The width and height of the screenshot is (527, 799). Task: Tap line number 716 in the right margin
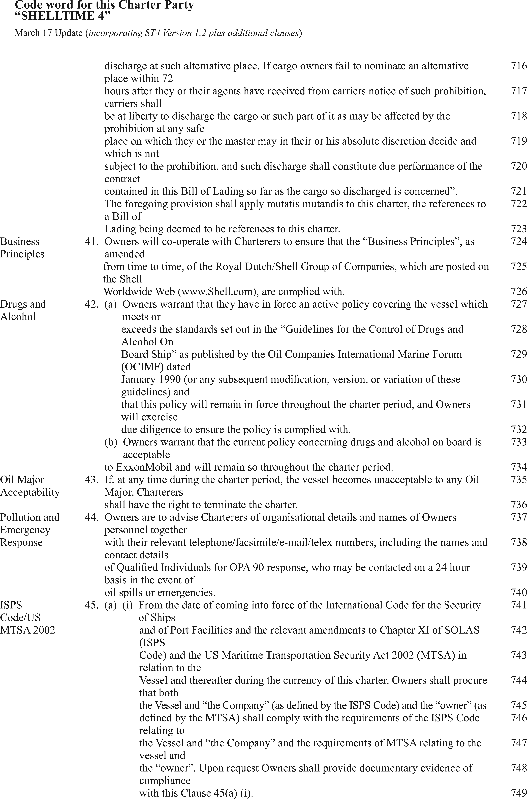tap(519, 66)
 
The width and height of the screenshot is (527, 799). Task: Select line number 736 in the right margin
tap(519, 505)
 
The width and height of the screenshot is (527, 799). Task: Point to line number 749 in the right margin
tap(519, 793)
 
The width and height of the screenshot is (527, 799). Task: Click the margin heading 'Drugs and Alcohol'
tap(23, 310)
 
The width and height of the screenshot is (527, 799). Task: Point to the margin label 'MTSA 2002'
tap(28, 630)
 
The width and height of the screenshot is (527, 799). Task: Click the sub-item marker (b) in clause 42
tap(111, 442)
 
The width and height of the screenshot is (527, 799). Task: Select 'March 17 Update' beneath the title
tap(49, 33)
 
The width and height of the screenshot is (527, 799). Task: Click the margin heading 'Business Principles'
tap(22, 248)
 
